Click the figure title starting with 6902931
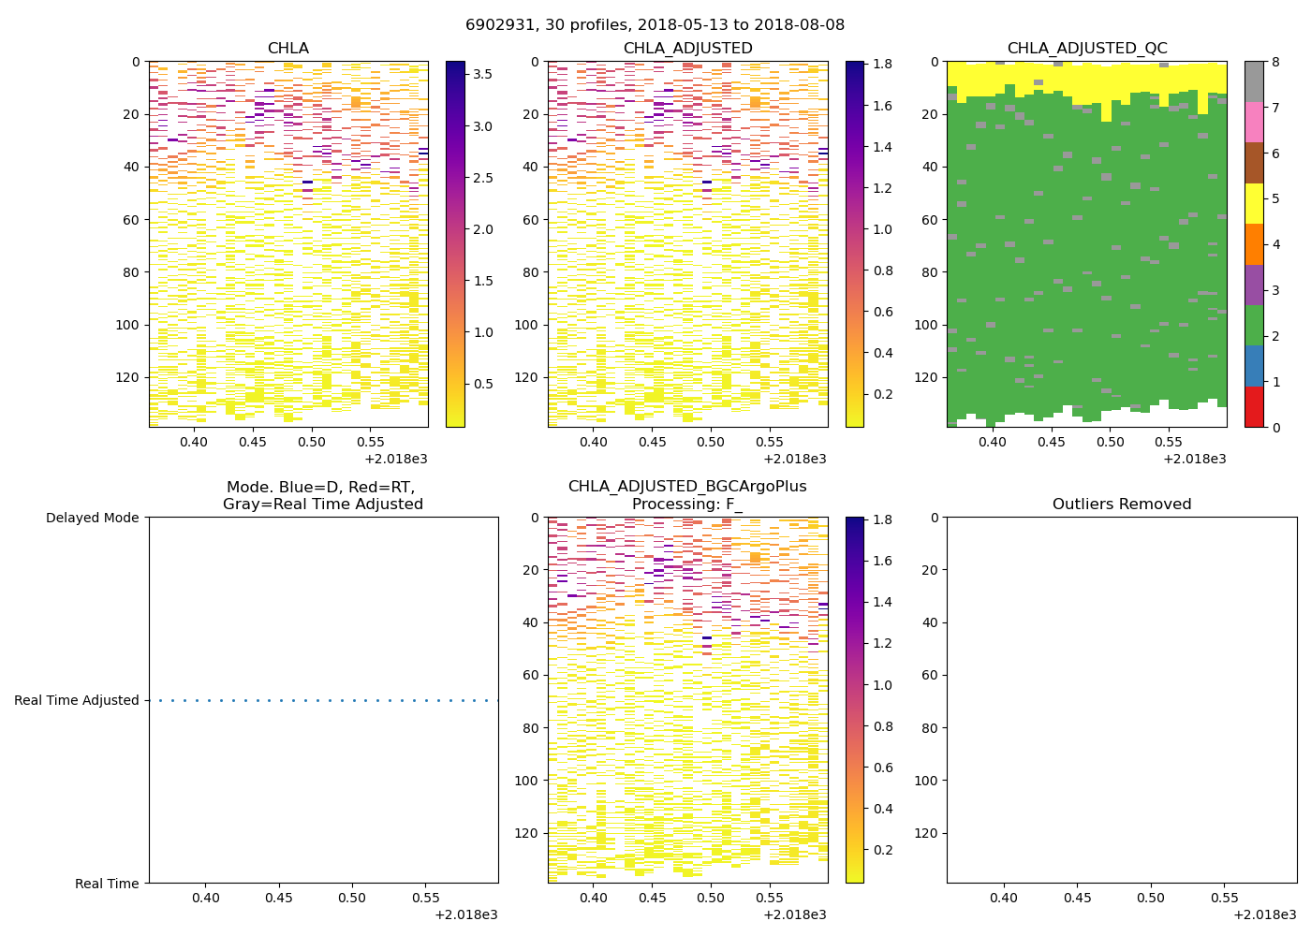click(655, 24)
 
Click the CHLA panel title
click(287, 49)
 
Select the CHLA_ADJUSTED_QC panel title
click(1087, 49)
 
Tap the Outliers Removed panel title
click(1122, 505)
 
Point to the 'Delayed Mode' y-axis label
click(92, 518)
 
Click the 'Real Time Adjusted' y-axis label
click(77, 700)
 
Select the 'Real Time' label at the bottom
click(107, 884)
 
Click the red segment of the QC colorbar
click(1254, 407)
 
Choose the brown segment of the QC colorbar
click(1254, 162)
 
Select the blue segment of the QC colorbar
click(1254, 366)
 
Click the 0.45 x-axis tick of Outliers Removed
click(1077, 898)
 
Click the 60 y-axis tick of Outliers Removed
click(929, 675)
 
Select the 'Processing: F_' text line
click(686, 505)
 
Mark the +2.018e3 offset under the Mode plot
click(465, 914)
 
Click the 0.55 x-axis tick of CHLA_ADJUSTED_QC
click(1169, 442)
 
